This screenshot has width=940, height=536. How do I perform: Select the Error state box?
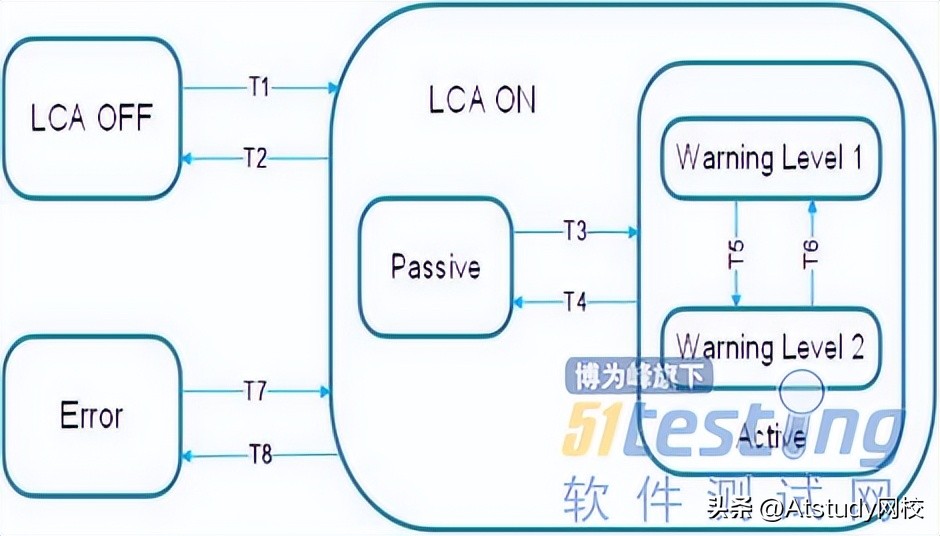91,414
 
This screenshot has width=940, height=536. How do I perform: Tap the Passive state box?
435,266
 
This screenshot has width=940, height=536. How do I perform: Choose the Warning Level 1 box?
768,158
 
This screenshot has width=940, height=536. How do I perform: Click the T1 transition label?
259,87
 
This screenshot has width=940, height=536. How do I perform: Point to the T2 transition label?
257,157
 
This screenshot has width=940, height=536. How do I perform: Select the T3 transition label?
575,232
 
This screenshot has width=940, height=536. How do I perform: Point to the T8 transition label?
259,456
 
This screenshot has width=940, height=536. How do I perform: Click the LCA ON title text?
481,100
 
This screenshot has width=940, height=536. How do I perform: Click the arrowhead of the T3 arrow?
633,232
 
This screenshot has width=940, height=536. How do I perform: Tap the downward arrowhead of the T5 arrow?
735,302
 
